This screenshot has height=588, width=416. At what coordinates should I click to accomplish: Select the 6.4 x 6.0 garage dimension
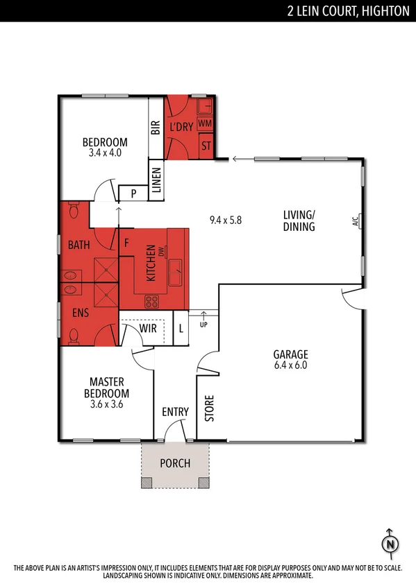pos(290,365)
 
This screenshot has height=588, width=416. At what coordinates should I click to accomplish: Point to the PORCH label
pos(175,463)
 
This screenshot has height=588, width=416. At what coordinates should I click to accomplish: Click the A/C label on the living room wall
pos(354,223)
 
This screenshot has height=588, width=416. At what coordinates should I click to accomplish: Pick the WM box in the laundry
pos(205,123)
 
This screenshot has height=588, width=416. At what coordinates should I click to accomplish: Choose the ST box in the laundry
pos(206,146)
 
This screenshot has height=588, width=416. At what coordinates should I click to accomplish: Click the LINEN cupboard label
pos(156,180)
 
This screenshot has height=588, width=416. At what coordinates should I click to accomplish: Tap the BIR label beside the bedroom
pos(156,128)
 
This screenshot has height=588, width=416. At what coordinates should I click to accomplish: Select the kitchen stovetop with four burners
pos(151,302)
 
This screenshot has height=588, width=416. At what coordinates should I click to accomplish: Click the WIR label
pos(148,328)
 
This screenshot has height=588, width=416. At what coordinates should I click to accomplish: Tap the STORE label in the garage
pos(209,408)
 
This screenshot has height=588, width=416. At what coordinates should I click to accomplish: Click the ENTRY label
pos(175,412)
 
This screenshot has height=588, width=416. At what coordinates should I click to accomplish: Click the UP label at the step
pos(203,325)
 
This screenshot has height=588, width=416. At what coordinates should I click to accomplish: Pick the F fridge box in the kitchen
pos(126,243)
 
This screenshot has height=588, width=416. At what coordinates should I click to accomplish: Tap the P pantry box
pos(133,193)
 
